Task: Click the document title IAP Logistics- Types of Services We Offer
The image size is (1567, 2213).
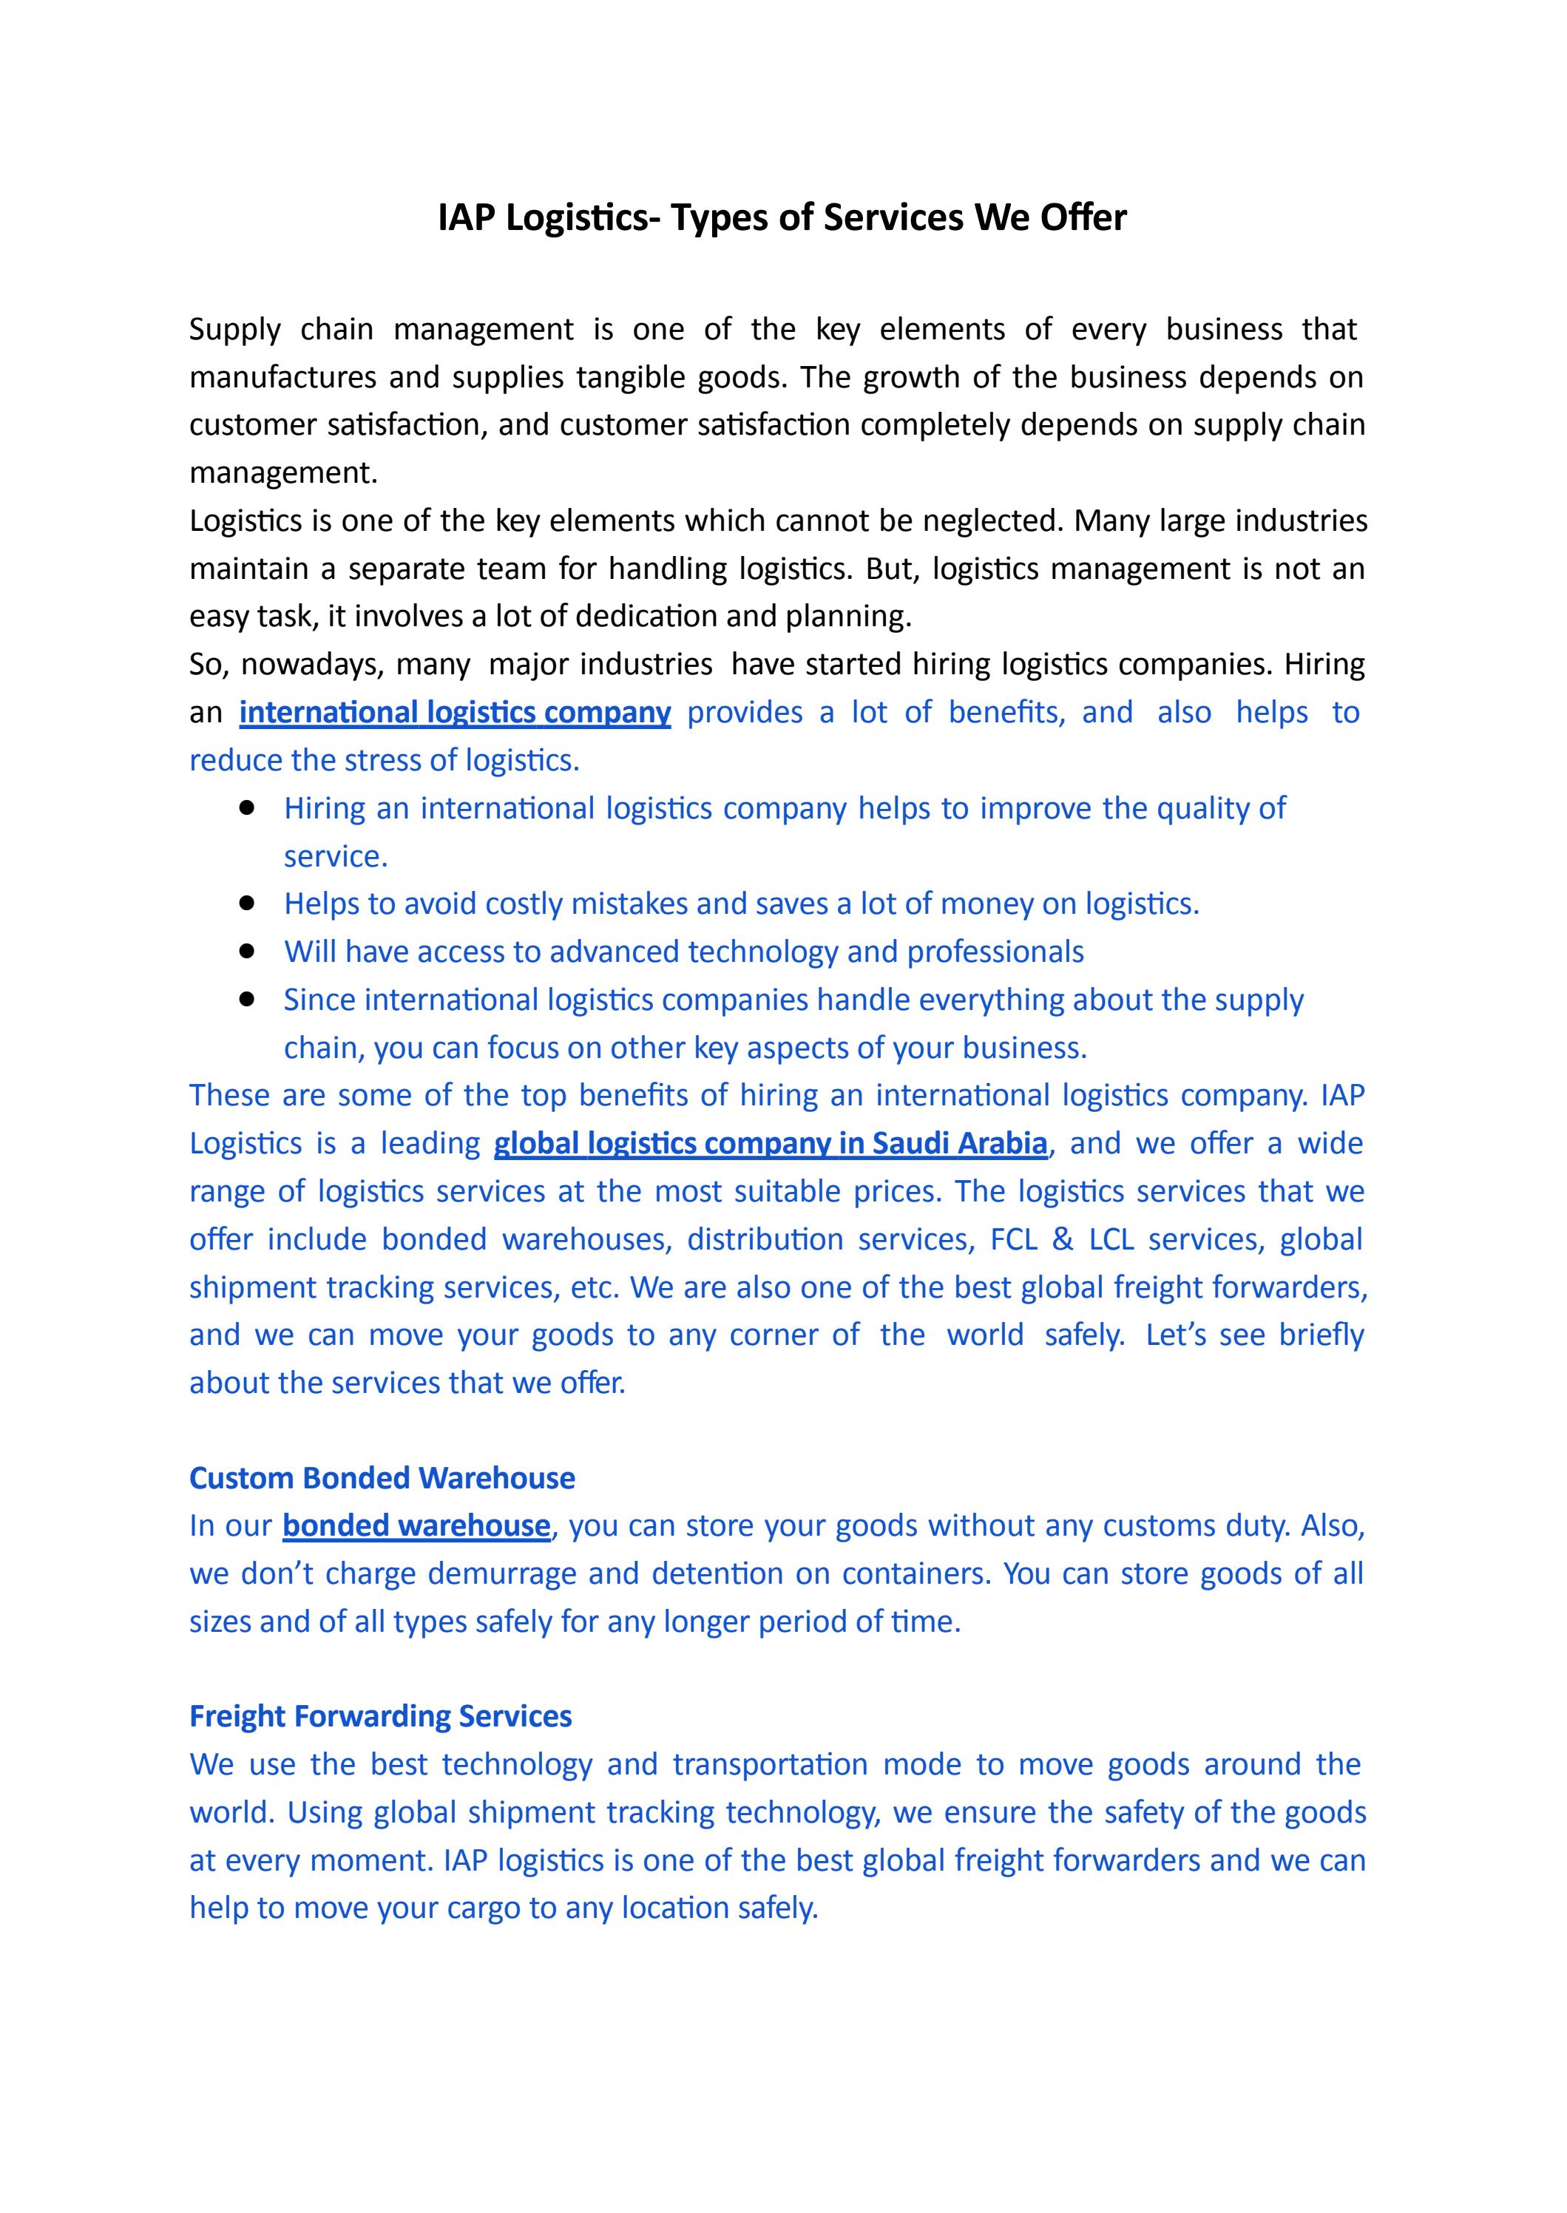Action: coord(782,218)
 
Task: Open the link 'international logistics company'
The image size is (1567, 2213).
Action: coord(455,713)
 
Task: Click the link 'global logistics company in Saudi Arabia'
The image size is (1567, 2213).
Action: coord(770,1143)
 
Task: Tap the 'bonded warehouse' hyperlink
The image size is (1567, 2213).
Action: coord(416,1525)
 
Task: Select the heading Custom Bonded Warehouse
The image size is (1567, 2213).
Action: coord(382,1478)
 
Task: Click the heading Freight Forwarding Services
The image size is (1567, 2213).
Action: coord(380,1716)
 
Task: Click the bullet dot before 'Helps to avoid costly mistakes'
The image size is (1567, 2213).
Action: coord(246,903)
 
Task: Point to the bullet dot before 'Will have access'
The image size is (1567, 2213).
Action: coord(246,951)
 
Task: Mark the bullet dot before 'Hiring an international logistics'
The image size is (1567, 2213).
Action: coord(246,807)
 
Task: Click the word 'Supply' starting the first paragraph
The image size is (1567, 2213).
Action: coord(234,330)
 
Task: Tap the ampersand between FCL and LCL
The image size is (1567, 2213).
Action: coord(1063,1240)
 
